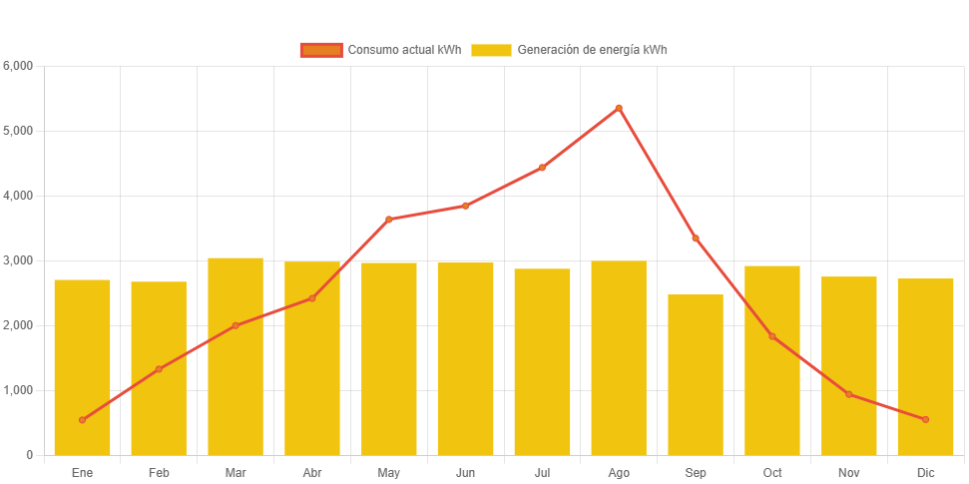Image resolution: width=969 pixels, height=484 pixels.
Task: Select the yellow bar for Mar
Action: pyautogui.click(x=236, y=356)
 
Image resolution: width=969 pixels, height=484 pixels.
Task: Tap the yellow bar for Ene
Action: pyautogui.click(x=82, y=367)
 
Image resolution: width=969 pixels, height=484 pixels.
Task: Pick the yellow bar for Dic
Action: pyautogui.click(x=925, y=366)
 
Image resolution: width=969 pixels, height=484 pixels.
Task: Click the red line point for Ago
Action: pyautogui.click(x=619, y=108)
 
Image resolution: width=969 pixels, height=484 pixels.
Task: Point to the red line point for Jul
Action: pyautogui.click(x=542, y=168)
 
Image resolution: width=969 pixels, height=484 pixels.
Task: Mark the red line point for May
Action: pyautogui.click(x=389, y=220)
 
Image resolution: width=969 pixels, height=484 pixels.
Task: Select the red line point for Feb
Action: pyautogui.click(x=159, y=369)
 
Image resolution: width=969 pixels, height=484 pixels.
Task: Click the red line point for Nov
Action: pyautogui.click(x=849, y=394)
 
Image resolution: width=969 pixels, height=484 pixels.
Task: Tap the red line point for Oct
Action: pyautogui.click(x=772, y=336)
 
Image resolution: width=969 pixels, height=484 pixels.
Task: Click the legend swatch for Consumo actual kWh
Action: pyautogui.click(x=321, y=50)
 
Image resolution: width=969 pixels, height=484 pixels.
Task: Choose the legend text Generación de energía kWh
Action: pyautogui.click(x=592, y=50)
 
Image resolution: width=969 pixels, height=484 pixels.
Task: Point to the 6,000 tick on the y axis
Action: pyautogui.click(x=19, y=66)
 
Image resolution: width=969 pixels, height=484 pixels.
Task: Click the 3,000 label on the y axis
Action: pyautogui.click(x=19, y=260)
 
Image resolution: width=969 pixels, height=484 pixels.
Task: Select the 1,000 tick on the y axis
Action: pyautogui.click(x=19, y=390)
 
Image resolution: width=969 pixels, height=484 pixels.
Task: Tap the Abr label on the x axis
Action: pyautogui.click(x=312, y=472)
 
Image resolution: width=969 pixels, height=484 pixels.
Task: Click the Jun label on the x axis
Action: pyautogui.click(x=465, y=472)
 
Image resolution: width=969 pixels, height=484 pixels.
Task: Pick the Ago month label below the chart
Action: pyautogui.click(x=619, y=472)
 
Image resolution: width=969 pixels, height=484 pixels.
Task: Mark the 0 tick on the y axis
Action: pyautogui.click(x=29, y=455)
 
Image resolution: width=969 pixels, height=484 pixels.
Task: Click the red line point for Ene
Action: pyautogui.click(x=82, y=420)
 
